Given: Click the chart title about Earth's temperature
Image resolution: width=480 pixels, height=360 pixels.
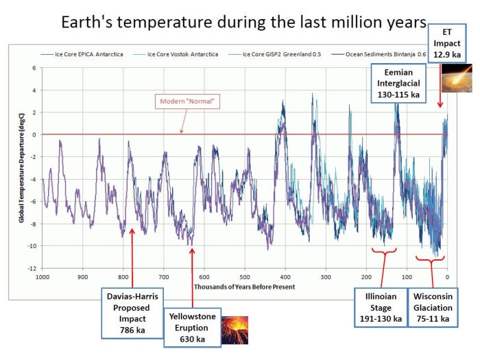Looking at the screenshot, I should tap(239, 23).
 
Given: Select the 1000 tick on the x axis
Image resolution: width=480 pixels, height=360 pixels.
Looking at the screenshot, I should tap(43, 277).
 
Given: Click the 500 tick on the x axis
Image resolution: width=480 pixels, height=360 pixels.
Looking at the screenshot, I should tap(245, 277).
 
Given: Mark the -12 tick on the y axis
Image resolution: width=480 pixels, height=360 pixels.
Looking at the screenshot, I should tap(33, 268).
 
